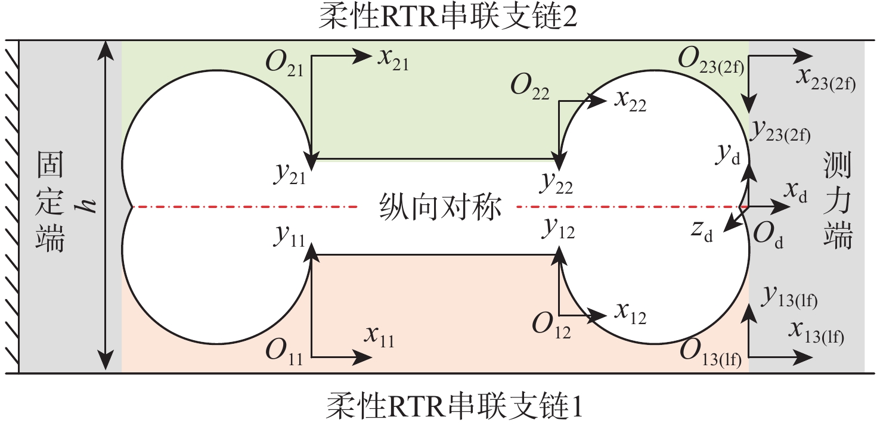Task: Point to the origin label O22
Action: pos(529,88)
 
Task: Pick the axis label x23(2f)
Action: pos(826,79)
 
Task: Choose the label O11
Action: pos(285,354)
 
